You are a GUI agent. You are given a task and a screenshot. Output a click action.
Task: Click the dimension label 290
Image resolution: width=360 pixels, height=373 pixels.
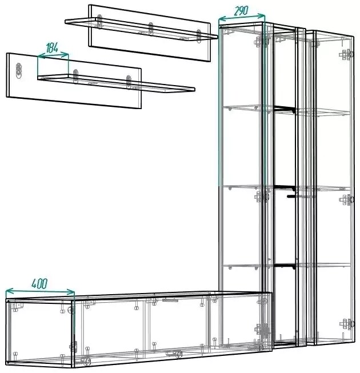tap(241, 10)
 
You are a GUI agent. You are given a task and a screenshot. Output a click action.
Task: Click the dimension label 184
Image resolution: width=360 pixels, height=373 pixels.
tap(52, 48)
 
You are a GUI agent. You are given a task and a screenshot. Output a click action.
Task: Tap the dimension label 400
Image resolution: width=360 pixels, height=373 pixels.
tap(39, 283)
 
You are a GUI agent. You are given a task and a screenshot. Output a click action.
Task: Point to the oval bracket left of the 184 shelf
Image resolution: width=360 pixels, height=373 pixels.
tap(18, 70)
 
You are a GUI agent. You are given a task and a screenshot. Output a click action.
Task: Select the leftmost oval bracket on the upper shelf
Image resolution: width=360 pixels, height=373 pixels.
tap(99, 21)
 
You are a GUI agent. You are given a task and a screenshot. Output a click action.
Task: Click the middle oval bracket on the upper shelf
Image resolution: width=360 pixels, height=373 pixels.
tap(151, 29)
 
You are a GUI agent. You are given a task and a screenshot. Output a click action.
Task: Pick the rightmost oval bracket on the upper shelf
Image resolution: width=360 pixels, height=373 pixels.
tap(199, 36)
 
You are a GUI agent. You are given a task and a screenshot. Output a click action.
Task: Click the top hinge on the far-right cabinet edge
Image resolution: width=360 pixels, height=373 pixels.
tap(347, 54)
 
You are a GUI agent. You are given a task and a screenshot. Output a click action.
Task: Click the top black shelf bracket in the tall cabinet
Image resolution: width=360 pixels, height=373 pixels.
tap(285, 109)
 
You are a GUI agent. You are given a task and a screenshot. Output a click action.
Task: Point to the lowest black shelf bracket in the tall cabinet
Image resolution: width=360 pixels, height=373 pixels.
tap(285, 266)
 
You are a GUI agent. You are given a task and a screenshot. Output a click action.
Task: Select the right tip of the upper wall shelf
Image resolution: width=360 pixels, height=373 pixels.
tap(217, 37)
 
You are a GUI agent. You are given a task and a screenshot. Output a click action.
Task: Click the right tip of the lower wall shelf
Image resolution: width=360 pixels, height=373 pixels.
tap(195, 90)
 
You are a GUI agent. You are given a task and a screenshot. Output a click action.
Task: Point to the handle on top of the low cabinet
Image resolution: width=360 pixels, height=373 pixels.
tap(170, 300)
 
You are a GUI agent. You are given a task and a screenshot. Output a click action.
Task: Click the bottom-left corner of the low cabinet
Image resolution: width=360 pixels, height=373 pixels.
tap(7, 363)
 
